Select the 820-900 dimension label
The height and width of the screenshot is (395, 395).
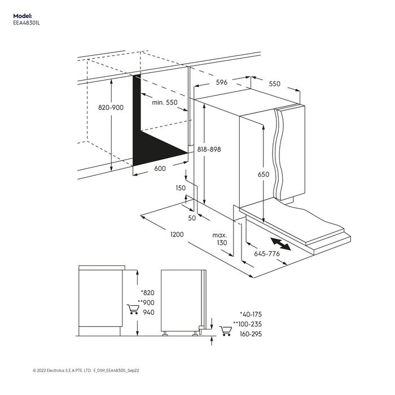tap(111, 107)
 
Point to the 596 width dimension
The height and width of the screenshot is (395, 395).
tap(221, 82)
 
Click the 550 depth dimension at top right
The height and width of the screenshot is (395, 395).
tap(274, 84)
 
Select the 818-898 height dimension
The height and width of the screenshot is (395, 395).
tap(209, 150)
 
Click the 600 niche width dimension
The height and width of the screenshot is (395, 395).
tap(160, 169)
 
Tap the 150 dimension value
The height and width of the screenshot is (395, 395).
tap(181, 188)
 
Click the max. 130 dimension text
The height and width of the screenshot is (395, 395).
tap(220, 239)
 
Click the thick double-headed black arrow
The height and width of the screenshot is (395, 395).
tap(280, 244)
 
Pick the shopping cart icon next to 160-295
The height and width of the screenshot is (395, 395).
tap(226, 330)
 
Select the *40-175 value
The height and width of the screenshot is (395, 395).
tap(251, 314)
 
